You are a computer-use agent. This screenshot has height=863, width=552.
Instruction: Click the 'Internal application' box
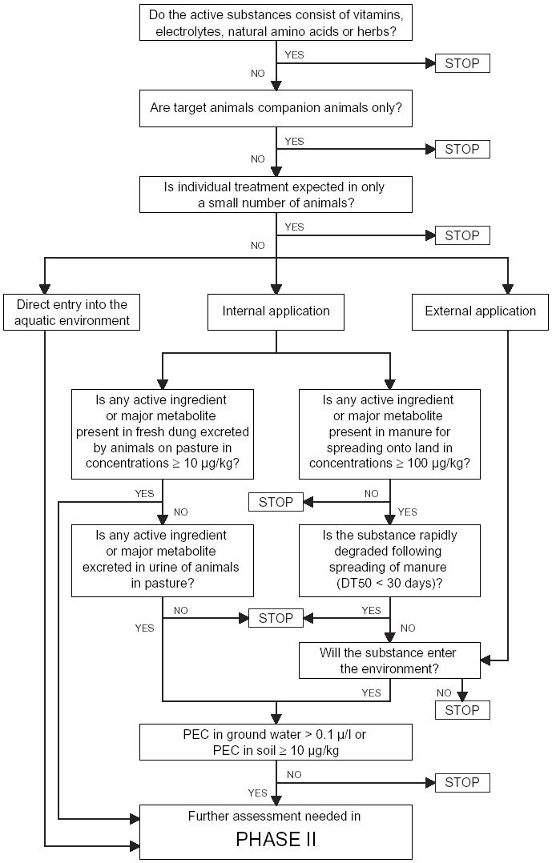click(276, 311)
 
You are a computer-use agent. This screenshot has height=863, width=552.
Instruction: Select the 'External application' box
click(480, 311)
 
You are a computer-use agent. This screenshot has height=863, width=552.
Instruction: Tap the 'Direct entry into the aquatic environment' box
click(71, 312)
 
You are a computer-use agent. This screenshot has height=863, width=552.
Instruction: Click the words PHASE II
click(276, 839)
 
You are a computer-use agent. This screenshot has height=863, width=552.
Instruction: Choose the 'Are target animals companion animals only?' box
click(276, 108)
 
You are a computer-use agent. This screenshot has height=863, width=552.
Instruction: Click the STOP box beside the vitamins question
click(462, 63)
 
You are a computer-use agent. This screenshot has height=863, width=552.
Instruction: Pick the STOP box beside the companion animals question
click(462, 149)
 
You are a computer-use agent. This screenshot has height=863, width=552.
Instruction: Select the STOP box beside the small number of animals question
click(462, 235)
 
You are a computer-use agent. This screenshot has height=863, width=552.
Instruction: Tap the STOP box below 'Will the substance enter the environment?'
click(462, 710)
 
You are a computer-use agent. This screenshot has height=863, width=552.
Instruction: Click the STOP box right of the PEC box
click(462, 783)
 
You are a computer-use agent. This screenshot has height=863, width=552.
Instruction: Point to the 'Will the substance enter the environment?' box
click(389, 660)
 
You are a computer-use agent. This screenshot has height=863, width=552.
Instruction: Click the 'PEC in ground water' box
click(276, 742)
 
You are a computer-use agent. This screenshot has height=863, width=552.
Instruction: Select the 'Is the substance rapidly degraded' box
click(389, 560)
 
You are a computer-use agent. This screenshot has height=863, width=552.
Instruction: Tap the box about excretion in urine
click(163, 560)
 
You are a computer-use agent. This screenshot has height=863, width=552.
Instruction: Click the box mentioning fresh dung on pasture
click(163, 434)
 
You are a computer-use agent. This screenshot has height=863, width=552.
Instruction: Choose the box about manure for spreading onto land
click(389, 434)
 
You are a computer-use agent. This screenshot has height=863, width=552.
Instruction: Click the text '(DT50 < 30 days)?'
click(389, 583)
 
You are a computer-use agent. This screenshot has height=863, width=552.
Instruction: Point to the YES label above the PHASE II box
click(257, 793)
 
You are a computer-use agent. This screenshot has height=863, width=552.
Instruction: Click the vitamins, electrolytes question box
click(276, 22)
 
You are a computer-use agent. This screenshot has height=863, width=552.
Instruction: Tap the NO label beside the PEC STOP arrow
click(294, 774)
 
